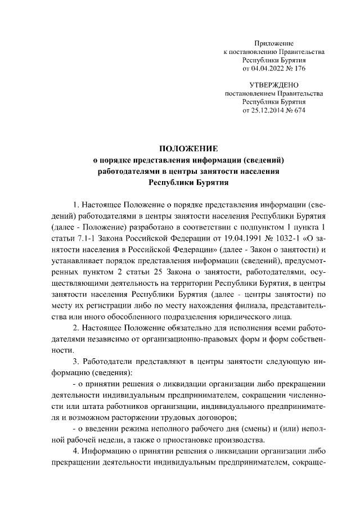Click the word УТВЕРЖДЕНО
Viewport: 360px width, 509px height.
pyautogui.click(x=274, y=85)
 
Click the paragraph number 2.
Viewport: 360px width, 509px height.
pyautogui.click(x=76, y=328)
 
